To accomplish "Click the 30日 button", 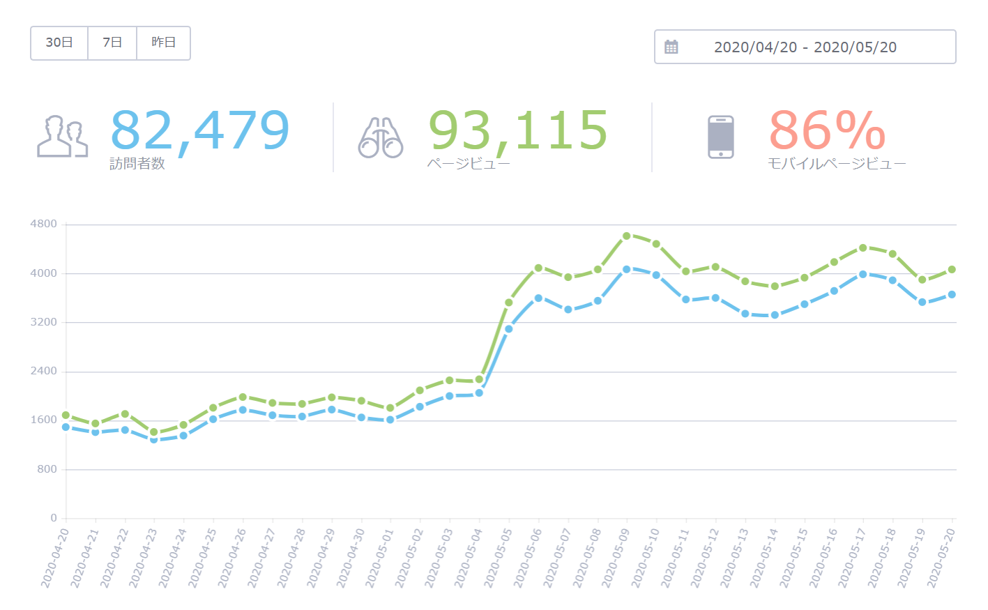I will point(59,43).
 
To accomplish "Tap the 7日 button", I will point(112,43).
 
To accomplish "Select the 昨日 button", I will point(164,43).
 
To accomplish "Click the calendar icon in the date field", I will point(671,47).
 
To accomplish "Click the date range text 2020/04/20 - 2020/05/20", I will point(805,47).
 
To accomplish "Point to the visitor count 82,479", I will point(200,130).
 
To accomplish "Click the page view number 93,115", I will point(518,130).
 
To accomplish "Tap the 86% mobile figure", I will point(827,130).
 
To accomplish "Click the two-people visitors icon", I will point(63,137).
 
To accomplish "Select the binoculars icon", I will point(381,137).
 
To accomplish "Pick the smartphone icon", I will point(721,137).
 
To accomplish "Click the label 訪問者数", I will point(137,164).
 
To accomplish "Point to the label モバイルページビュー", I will point(837,164).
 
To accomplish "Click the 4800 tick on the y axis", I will point(44,224).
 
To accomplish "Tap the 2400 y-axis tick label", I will point(44,371).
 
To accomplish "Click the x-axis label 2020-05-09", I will point(615,558).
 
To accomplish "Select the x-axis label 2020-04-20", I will point(54,558).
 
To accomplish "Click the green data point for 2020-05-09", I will point(627,236).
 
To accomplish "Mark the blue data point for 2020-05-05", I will point(509,329).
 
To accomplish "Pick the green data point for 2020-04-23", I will point(154,432).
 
